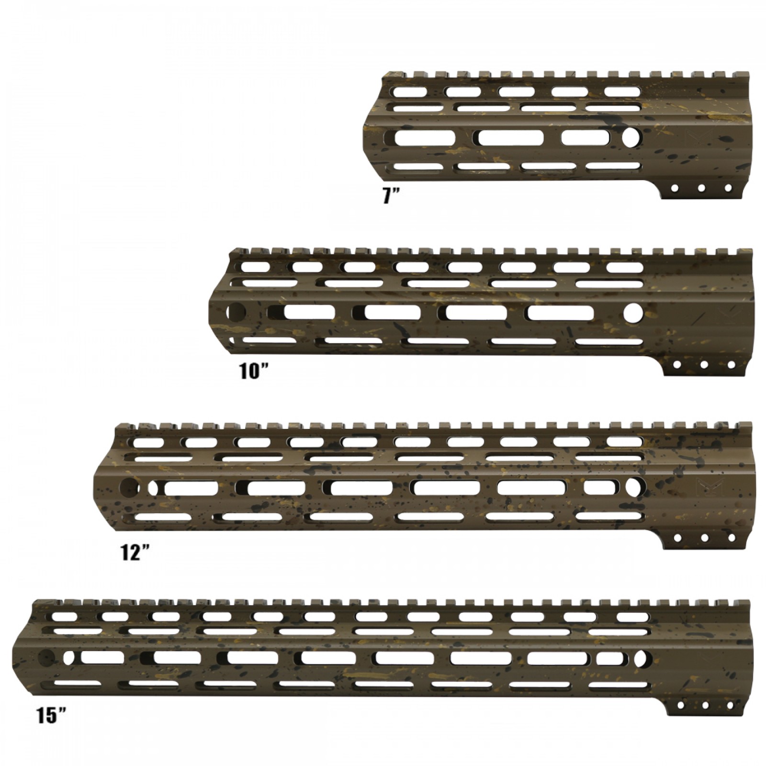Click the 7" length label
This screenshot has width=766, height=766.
pyautogui.click(x=391, y=196)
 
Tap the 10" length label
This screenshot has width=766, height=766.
pyautogui.click(x=254, y=372)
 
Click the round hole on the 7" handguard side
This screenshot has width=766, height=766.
pyautogui.click(x=631, y=137)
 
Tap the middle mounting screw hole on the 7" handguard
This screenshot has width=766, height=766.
pyautogui.click(x=701, y=188)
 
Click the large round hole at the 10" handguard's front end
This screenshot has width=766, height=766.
pyautogui.click(x=236, y=313)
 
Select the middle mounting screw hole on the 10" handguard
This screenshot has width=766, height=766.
pyautogui.click(x=704, y=365)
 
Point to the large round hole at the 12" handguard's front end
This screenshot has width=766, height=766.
pyautogui.click(x=130, y=487)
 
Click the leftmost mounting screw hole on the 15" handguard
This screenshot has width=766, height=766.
pyautogui.click(x=679, y=718)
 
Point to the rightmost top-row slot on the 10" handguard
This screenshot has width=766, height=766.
pyautogui.click(x=624, y=266)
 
